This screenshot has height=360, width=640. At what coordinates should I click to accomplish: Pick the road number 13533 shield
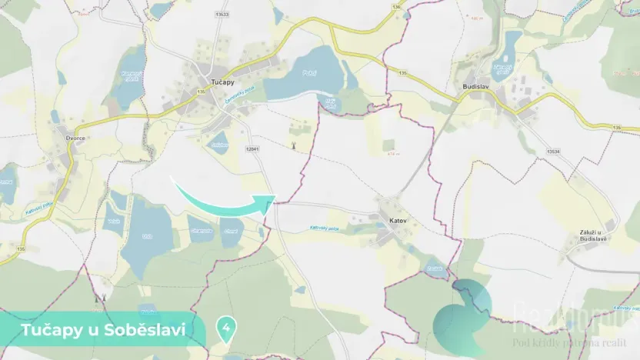point(222,15)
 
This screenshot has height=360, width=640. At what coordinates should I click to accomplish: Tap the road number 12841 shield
point(252,148)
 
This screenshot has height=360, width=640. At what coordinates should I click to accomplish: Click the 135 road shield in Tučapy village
point(200,92)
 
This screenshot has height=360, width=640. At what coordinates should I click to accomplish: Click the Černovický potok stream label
point(227,96)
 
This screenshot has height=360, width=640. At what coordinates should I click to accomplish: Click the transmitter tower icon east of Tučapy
point(292,145)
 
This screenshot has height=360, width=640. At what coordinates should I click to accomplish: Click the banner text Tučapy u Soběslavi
point(103,330)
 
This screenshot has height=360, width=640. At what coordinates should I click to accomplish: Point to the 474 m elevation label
point(394,154)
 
